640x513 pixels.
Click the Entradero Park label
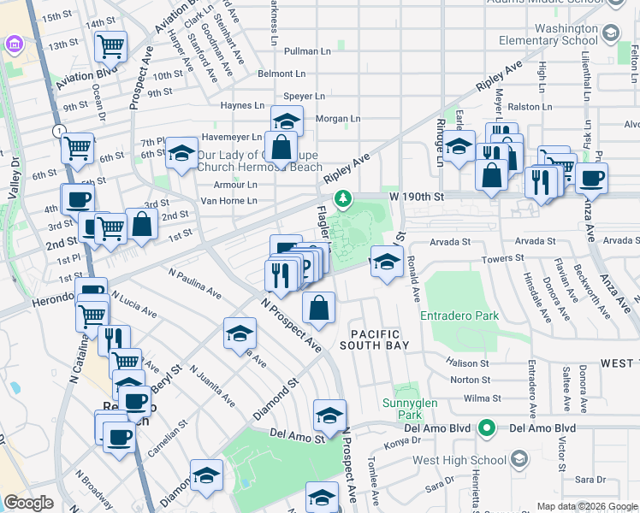pyautogui.click(x=459, y=316)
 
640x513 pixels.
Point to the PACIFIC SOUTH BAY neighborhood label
pyautogui.click(x=375, y=339)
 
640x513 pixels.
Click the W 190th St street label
pyautogui.click(x=418, y=197)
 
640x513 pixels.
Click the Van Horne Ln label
pyautogui.click(x=228, y=201)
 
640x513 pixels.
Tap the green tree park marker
pyautogui.click(x=343, y=198)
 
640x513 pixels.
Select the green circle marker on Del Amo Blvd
pyautogui.click(x=487, y=427)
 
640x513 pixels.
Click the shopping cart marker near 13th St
pyautogui.click(x=110, y=45)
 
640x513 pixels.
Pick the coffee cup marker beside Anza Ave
pyautogui.click(x=591, y=178)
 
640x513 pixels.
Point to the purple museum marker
pyautogui.click(x=14, y=44)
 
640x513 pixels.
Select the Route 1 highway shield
pyautogui.click(x=58, y=131)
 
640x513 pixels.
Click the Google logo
pyautogui.click(x=28, y=503)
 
